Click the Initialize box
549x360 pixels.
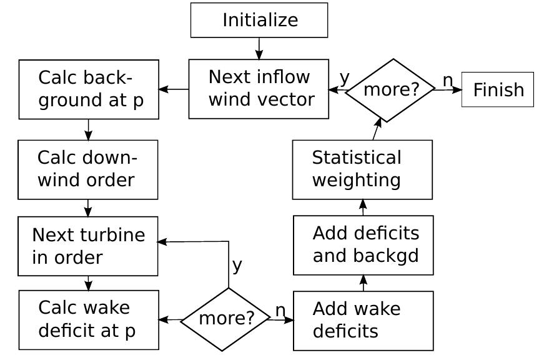pos(259,20)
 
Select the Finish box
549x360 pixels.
pos(497,89)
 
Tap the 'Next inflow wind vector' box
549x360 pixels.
pos(259,89)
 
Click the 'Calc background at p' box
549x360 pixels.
pos(89,89)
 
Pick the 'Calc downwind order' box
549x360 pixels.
pos(87,169)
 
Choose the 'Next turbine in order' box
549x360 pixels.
pos(87,246)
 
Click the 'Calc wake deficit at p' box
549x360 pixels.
pos(89,319)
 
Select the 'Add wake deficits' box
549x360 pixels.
pos(363,321)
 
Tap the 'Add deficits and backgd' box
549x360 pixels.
pos(363,245)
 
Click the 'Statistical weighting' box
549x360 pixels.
pos(362,169)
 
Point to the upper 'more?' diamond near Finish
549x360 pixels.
pos(390,90)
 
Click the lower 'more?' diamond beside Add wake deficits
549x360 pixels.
pos(226,319)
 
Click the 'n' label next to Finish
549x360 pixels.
pos(447,80)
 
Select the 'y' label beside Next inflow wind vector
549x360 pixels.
pos(344,77)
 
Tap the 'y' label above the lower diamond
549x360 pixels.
pos(237,265)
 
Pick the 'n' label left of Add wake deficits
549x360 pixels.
pos(280,309)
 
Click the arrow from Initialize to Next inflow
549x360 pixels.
pos(259,48)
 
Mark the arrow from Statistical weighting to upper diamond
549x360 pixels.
pos(377,129)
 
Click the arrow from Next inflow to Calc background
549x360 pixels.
pos(174,89)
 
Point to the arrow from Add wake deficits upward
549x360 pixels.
pos(364,282)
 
